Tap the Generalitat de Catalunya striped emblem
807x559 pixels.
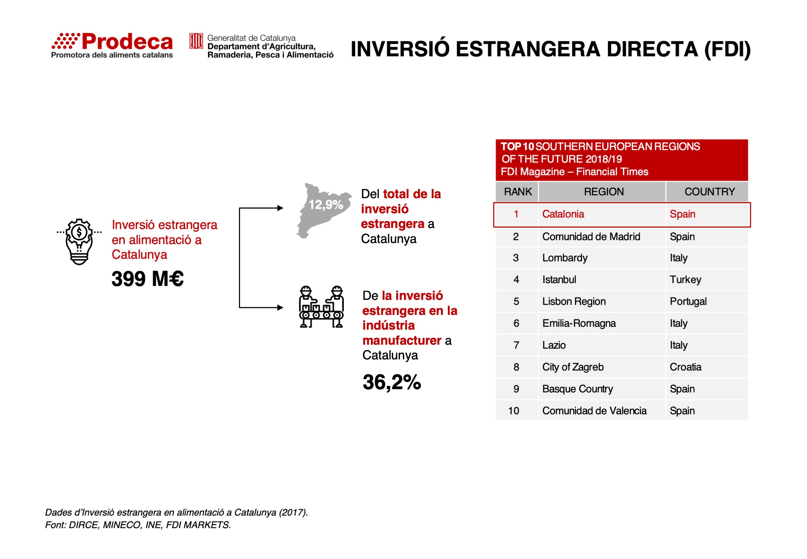[x=196, y=41]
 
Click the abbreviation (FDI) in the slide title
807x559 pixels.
[x=727, y=49]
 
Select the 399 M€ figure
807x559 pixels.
[x=147, y=279]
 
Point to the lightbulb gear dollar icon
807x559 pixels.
[x=79, y=242]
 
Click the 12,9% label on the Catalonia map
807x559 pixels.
[x=326, y=205]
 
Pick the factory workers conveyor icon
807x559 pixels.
[x=321, y=307]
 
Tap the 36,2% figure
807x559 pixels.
[x=391, y=382]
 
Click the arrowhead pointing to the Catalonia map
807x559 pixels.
[x=280, y=208]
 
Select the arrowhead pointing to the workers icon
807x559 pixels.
[x=280, y=307]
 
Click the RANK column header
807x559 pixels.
[x=518, y=192]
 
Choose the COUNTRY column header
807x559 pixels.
[x=710, y=192]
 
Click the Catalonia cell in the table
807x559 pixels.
[x=563, y=214]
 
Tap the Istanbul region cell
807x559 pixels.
[x=559, y=279]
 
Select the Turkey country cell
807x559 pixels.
[x=685, y=279]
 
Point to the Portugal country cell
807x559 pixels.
[x=688, y=301]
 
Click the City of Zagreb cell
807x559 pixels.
[x=573, y=367]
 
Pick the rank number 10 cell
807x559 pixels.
[x=513, y=411]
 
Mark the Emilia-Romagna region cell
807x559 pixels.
[x=579, y=323]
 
